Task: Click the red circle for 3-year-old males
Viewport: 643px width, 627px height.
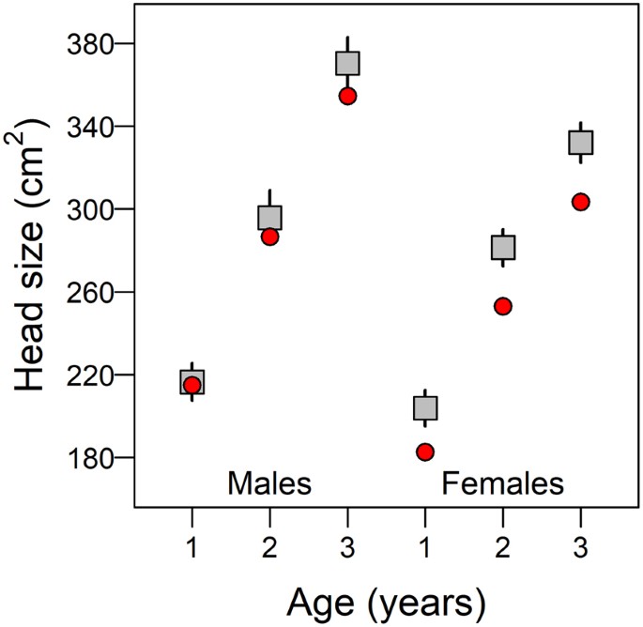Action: point(348,96)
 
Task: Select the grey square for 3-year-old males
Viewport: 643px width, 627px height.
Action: point(348,64)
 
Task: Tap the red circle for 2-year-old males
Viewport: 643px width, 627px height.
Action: point(269,237)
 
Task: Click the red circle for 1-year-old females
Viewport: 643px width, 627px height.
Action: point(425,452)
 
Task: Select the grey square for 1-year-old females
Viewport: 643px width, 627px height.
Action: point(425,408)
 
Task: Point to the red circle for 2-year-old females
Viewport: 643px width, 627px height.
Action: point(503,306)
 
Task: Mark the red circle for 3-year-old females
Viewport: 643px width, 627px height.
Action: point(580,202)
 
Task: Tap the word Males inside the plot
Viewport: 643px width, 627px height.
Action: point(269,484)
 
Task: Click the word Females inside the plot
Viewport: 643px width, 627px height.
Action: point(502,484)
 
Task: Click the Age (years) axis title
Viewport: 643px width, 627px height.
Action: point(386,599)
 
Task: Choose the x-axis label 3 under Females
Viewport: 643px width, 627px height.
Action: point(580,546)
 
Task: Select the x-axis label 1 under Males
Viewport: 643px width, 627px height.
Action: point(192,546)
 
